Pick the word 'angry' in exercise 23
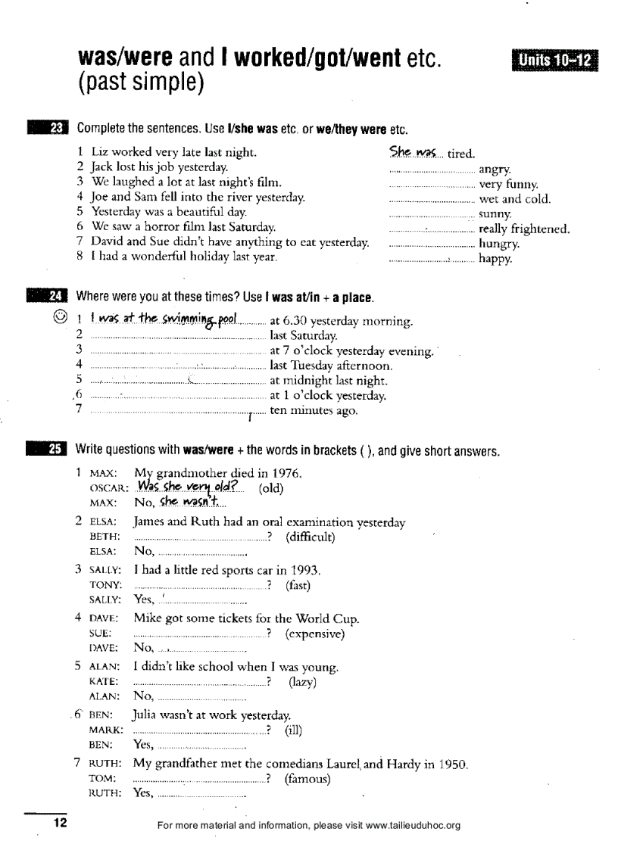coord(495,170)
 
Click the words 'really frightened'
coord(524,229)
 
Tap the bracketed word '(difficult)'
coord(311,537)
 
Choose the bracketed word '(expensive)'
coord(315,634)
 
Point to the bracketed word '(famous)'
coord(307,778)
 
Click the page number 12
coord(59,823)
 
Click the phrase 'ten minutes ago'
coord(314,411)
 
